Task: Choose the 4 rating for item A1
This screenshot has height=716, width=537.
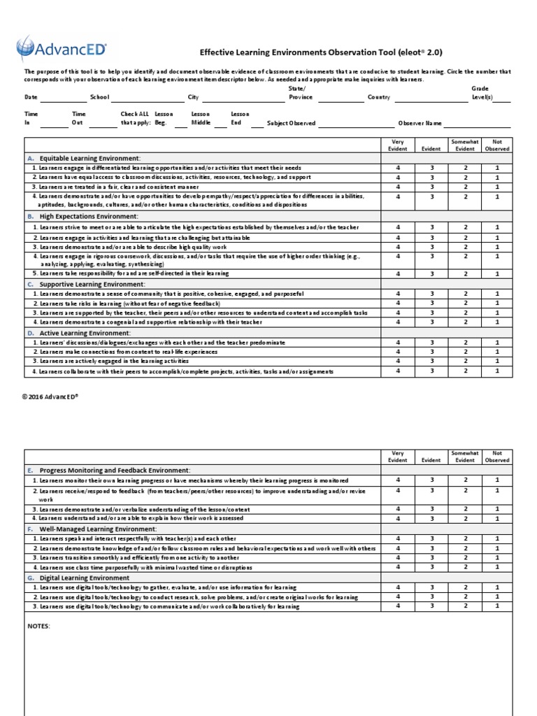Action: coord(399,168)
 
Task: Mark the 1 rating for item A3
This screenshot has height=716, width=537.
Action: coord(497,187)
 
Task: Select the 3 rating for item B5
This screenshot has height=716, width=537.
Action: coord(431,274)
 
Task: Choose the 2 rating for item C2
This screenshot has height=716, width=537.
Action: coord(465,303)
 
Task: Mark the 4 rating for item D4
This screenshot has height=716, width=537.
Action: coord(399,371)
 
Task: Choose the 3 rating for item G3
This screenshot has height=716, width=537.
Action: coord(431,606)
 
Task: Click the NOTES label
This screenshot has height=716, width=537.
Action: coord(39,626)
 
